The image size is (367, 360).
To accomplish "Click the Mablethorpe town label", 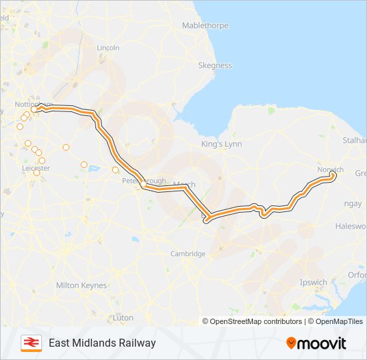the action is coord(205,26).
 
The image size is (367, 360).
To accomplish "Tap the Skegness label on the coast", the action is coord(215,66).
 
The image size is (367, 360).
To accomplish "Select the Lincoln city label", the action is coord(108,48).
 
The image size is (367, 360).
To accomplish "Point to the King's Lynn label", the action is coord(222,144).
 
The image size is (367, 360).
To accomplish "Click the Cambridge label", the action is coord(188,254).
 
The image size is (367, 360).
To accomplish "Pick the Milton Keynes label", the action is coord(81,285).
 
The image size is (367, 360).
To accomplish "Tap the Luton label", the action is coord(123,318).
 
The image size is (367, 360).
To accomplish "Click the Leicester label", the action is coord(36,169).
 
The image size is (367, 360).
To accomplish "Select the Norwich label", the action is coord(330,169).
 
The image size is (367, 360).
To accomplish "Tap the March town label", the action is coord(184,184).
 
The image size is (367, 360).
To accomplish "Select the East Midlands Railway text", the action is coord(102,343).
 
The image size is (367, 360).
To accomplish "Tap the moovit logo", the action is coord(316,343).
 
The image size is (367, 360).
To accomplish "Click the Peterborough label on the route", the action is coord(143,181).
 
